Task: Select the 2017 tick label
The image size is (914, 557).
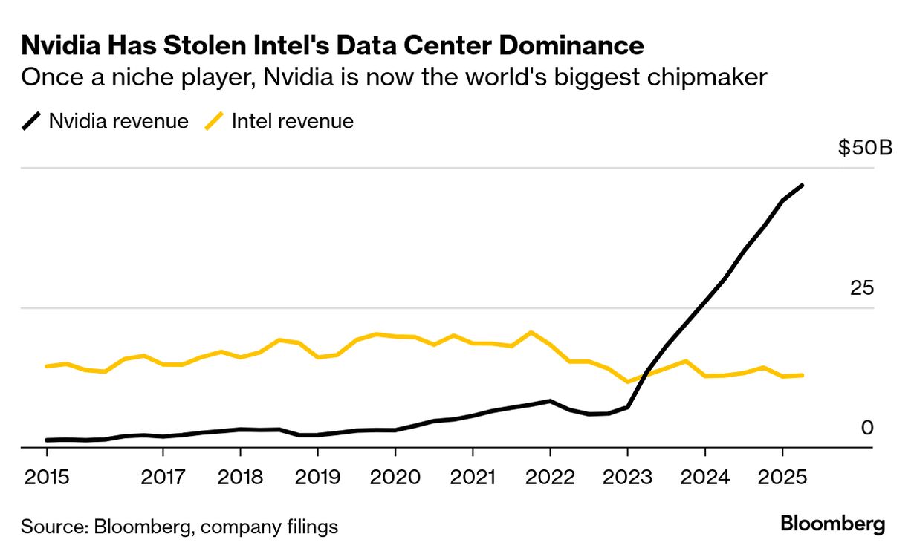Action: click(x=163, y=476)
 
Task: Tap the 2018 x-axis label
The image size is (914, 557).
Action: click(x=240, y=476)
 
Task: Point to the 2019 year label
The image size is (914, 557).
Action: click(x=317, y=476)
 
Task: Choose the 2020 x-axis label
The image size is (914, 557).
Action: click(x=395, y=476)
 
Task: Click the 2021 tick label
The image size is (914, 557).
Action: click(x=472, y=476)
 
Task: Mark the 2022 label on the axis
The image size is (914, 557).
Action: click(x=549, y=476)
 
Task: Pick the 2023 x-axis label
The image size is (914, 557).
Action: click(x=627, y=476)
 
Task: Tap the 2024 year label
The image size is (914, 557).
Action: click(x=704, y=476)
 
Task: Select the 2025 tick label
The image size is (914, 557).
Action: click(x=782, y=476)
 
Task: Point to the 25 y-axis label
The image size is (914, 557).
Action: click(x=863, y=288)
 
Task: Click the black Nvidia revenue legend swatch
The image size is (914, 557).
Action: click(x=31, y=121)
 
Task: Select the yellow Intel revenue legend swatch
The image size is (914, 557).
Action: click(x=214, y=121)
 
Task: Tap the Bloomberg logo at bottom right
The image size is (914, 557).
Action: click(x=833, y=524)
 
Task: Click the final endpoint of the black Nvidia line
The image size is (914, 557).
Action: click(x=802, y=185)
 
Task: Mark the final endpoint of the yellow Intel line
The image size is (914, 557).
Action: click(x=802, y=375)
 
